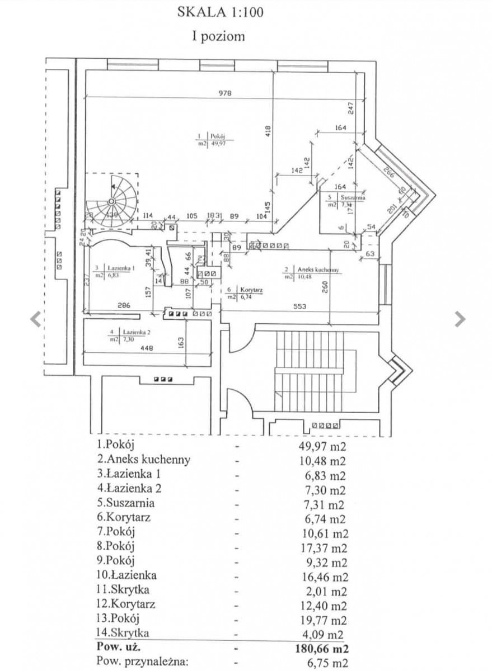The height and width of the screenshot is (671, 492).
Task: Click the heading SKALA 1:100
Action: [x=219, y=12]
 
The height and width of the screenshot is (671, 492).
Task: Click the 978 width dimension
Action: [x=225, y=93]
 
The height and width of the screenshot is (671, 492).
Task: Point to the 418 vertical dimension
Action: [x=268, y=131]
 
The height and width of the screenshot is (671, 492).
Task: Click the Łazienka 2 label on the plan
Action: [x=134, y=332]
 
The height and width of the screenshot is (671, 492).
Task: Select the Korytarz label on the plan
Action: [x=251, y=290]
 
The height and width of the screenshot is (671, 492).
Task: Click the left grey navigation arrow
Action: [x=36, y=319]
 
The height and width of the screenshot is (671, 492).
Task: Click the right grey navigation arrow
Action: [x=460, y=319]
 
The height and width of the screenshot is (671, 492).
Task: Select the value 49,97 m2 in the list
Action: [x=320, y=446]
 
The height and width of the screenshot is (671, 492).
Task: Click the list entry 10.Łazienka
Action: [x=126, y=575]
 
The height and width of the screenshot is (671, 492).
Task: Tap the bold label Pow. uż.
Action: [x=118, y=649]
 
